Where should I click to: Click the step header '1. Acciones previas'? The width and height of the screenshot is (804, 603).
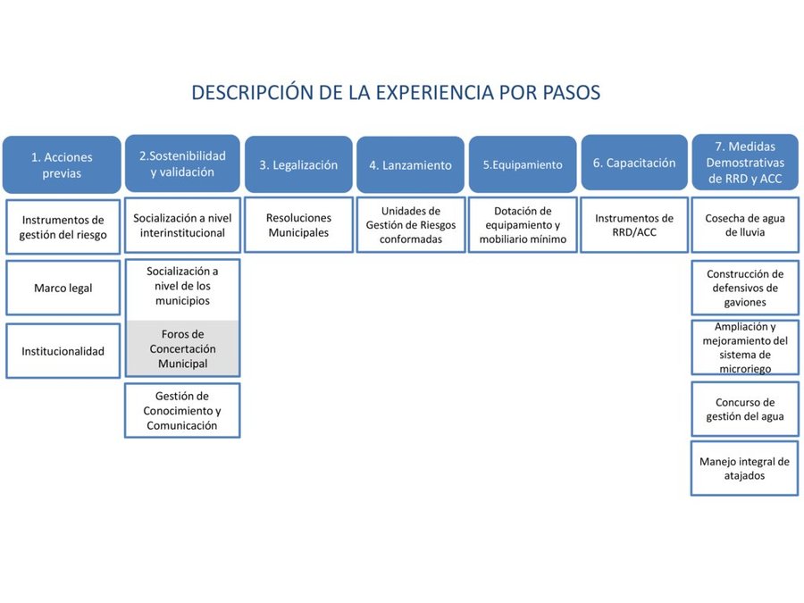pyautogui.click(x=62, y=164)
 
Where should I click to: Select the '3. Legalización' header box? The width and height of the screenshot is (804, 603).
pyautogui.click(x=298, y=164)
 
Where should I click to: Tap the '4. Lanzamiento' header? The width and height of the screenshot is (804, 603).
pyautogui.click(x=410, y=164)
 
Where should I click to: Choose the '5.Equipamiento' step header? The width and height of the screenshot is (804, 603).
pyautogui.click(x=523, y=164)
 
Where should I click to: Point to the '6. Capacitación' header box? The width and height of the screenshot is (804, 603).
pyautogui.click(x=634, y=163)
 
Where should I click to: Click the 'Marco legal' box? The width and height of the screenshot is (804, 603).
pyautogui.click(x=63, y=288)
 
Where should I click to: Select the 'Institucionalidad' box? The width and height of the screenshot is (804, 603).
pyautogui.click(x=63, y=351)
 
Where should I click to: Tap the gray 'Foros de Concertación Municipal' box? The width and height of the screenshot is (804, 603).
pyautogui.click(x=182, y=348)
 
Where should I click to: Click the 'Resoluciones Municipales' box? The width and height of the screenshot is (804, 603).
pyautogui.click(x=299, y=224)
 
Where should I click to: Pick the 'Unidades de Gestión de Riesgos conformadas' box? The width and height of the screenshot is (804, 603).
pyautogui.click(x=411, y=224)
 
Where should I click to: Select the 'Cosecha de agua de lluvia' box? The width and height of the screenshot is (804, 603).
pyautogui.click(x=745, y=224)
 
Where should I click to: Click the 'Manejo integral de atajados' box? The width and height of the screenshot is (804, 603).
pyautogui.click(x=744, y=468)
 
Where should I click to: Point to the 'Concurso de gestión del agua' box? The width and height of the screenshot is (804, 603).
pyautogui.click(x=745, y=409)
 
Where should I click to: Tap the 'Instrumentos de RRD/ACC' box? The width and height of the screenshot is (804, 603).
pyautogui.click(x=634, y=224)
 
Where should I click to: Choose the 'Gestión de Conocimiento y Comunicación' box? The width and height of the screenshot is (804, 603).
pyautogui.click(x=182, y=410)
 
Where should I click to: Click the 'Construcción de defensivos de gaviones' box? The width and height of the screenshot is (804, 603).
pyautogui.click(x=745, y=288)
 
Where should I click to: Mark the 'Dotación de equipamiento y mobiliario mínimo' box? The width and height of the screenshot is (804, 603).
pyautogui.click(x=523, y=224)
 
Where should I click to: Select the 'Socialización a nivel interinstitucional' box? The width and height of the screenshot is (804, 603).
pyautogui.click(x=182, y=224)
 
